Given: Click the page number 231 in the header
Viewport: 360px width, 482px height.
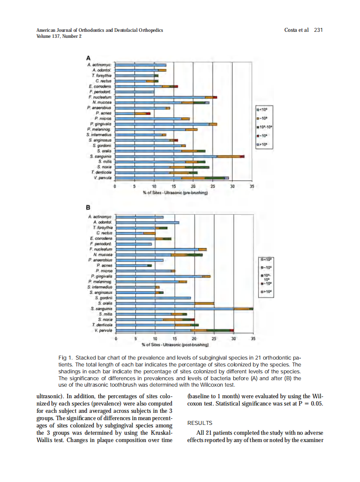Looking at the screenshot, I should [318, 30].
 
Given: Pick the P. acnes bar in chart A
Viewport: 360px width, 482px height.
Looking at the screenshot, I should [133, 113].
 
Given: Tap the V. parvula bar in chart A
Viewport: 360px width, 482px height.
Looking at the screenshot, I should [172, 178].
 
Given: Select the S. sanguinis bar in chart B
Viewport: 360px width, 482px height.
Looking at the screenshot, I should [185, 308].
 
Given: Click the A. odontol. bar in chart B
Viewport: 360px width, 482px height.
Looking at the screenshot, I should [147, 223].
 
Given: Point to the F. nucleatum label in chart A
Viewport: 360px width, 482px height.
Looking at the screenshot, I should [101, 98].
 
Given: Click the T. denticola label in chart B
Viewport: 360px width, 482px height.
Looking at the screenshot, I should [101, 325].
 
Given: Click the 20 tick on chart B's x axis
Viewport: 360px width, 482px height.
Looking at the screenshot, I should [194, 339].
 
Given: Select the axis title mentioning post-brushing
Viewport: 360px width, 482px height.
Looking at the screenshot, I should [175, 345].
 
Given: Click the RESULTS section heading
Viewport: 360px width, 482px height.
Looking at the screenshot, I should [200, 423].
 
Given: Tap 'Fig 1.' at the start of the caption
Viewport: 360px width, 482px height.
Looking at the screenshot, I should [65, 357].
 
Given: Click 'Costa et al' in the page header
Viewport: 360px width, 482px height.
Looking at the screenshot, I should [297, 30].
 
